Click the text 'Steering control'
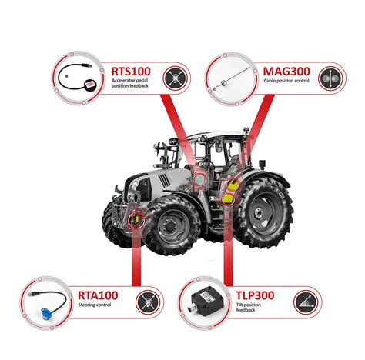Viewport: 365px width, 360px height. tap(93, 308)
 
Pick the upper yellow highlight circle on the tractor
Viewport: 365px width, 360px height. tap(230, 183)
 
